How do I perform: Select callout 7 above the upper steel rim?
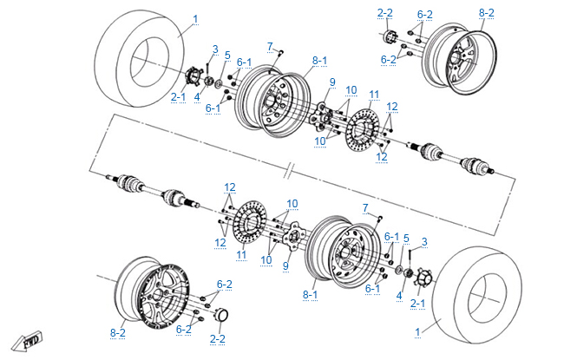(x=270, y=46)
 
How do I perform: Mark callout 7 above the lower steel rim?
(x=366, y=208)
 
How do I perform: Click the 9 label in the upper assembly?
(x=331, y=82)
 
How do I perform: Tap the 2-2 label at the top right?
(x=385, y=13)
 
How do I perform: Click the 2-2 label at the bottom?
(x=218, y=337)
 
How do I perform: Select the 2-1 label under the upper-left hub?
(x=178, y=96)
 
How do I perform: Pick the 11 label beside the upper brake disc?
(x=373, y=94)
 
